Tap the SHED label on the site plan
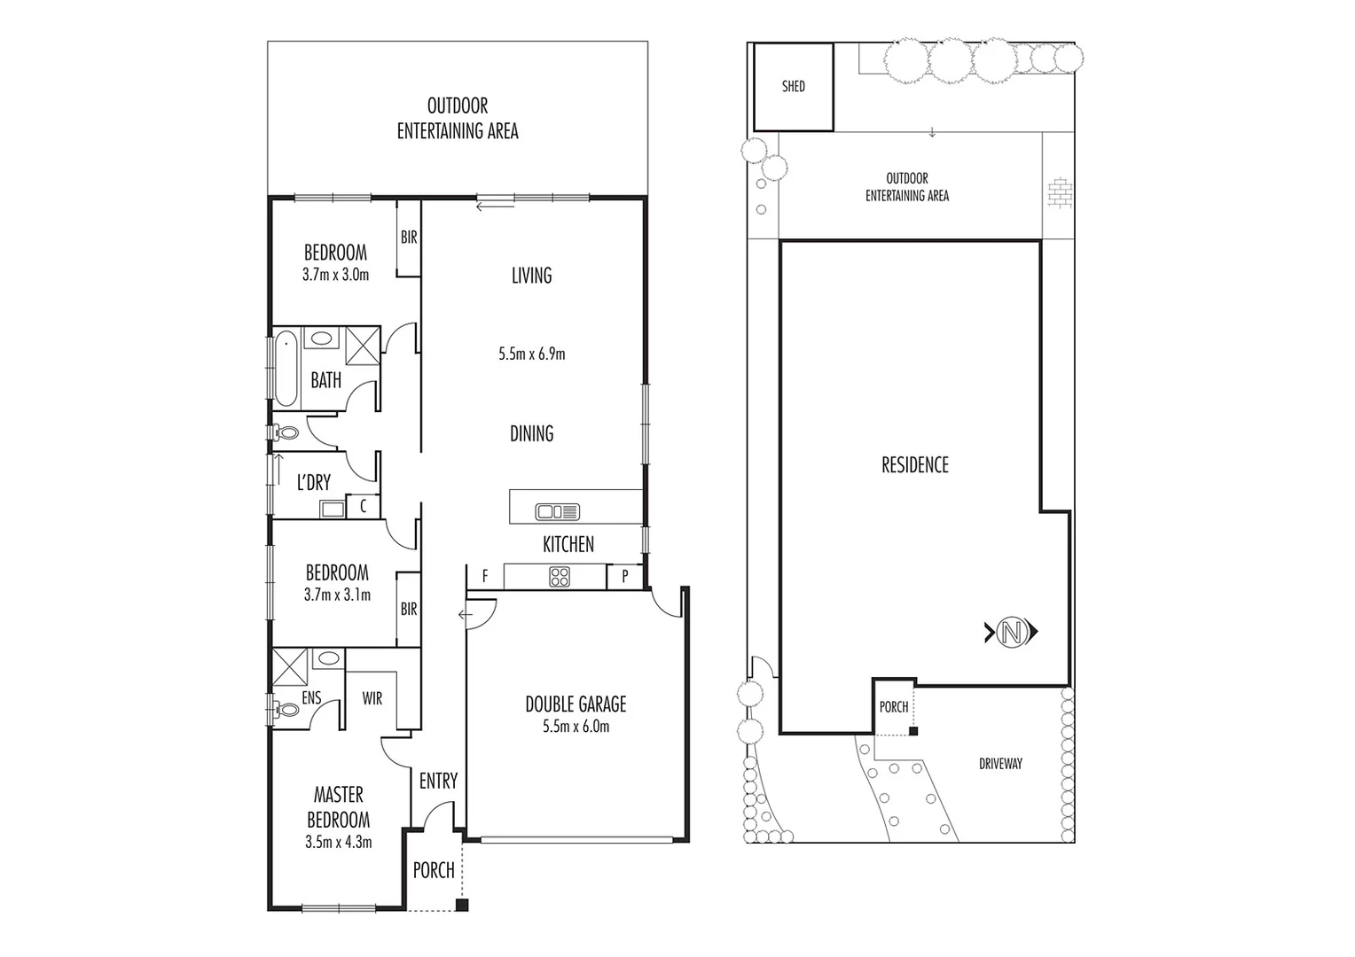point(794,87)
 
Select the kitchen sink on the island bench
point(558,511)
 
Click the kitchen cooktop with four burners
point(560,577)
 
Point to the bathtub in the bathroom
point(286,368)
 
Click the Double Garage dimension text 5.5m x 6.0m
point(576,727)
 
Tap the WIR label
point(372,698)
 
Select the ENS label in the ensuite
point(311,698)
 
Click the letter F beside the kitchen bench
point(485,577)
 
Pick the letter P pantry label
point(625,577)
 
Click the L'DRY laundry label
point(313,482)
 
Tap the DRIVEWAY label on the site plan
point(1000,763)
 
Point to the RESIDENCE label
point(914,465)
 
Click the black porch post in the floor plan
point(461,905)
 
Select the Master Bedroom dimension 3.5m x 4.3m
point(338,842)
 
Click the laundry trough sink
point(333,509)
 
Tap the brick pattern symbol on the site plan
point(1059,194)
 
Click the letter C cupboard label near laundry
point(363,507)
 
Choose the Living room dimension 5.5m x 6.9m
point(531,354)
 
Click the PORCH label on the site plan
point(893,707)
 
